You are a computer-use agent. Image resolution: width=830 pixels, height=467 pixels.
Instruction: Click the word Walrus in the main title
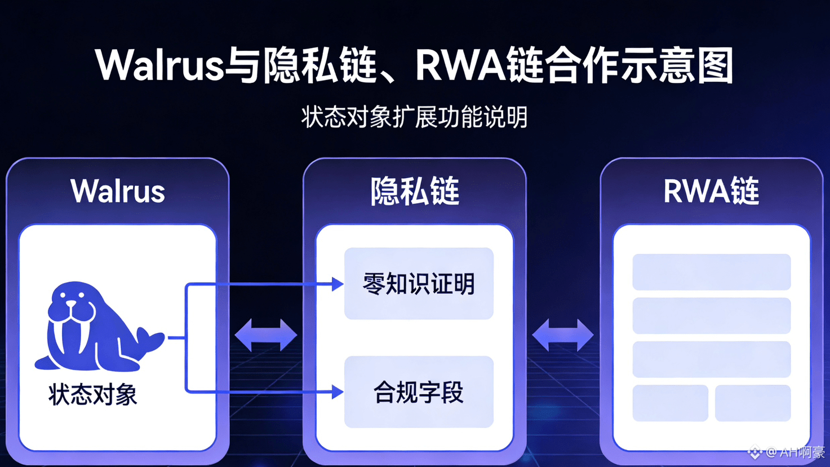click(160, 65)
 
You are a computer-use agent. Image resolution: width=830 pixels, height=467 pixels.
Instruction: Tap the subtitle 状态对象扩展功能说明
click(414, 117)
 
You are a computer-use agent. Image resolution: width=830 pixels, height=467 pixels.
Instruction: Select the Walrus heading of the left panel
click(118, 191)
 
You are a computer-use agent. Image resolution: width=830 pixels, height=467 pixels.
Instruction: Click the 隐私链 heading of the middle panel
click(415, 191)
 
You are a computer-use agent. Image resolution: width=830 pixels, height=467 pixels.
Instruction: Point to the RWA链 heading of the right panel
click(711, 191)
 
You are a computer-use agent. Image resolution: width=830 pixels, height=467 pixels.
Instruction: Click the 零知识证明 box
click(419, 284)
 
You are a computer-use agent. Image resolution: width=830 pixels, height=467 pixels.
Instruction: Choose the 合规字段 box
click(419, 392)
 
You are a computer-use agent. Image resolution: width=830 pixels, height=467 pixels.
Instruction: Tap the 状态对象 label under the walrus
click(93, 394)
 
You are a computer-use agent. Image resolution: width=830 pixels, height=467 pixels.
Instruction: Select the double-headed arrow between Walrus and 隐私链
click(266, 336)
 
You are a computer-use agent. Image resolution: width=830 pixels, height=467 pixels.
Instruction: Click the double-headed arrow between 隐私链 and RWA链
click(563, 336)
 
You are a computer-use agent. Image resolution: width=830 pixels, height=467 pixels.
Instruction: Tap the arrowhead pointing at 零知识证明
click(338, 284)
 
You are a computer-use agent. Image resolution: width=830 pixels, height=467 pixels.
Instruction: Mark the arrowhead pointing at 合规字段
click(338, 392)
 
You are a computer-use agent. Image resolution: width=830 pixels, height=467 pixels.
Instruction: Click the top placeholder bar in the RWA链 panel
click(711, 272)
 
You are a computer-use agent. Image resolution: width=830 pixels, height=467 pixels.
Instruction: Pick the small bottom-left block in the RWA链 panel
click(670, 403)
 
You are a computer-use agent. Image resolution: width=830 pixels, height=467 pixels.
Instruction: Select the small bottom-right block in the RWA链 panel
click(753, 403)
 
